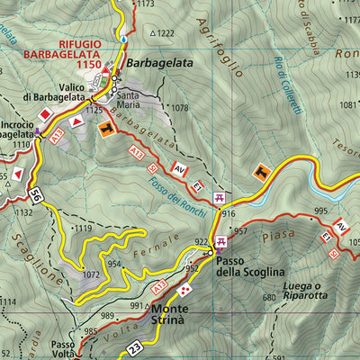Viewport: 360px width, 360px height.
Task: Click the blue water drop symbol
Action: pyautogui.click(x=121, y=39)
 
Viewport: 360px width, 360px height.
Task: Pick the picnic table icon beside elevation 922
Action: pyautogui.click(x=220, y=241)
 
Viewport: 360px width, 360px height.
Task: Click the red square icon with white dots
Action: pyautogui.click(x=184, y=291)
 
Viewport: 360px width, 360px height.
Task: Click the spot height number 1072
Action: pyautogui.click(x=90, y=273)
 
